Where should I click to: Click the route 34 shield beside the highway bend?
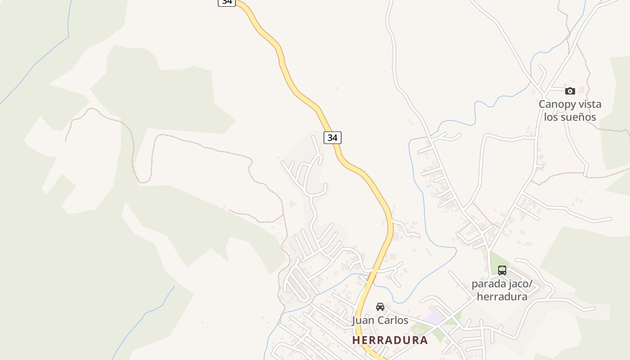point(332,138)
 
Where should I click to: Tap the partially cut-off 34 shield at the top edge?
point(227,2)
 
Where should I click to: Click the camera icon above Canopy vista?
point(570,91)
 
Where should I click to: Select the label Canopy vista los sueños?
point(570,111)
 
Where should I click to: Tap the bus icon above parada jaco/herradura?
point(502,270)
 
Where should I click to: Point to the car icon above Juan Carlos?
point(380,307)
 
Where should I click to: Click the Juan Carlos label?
point(380,320)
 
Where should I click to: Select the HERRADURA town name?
point(390,340)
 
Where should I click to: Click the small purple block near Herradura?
point(433,318)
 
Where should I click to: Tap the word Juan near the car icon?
point(363,320)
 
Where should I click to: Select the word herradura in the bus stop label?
point(502,297)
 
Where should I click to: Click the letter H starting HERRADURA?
point(356,340)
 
